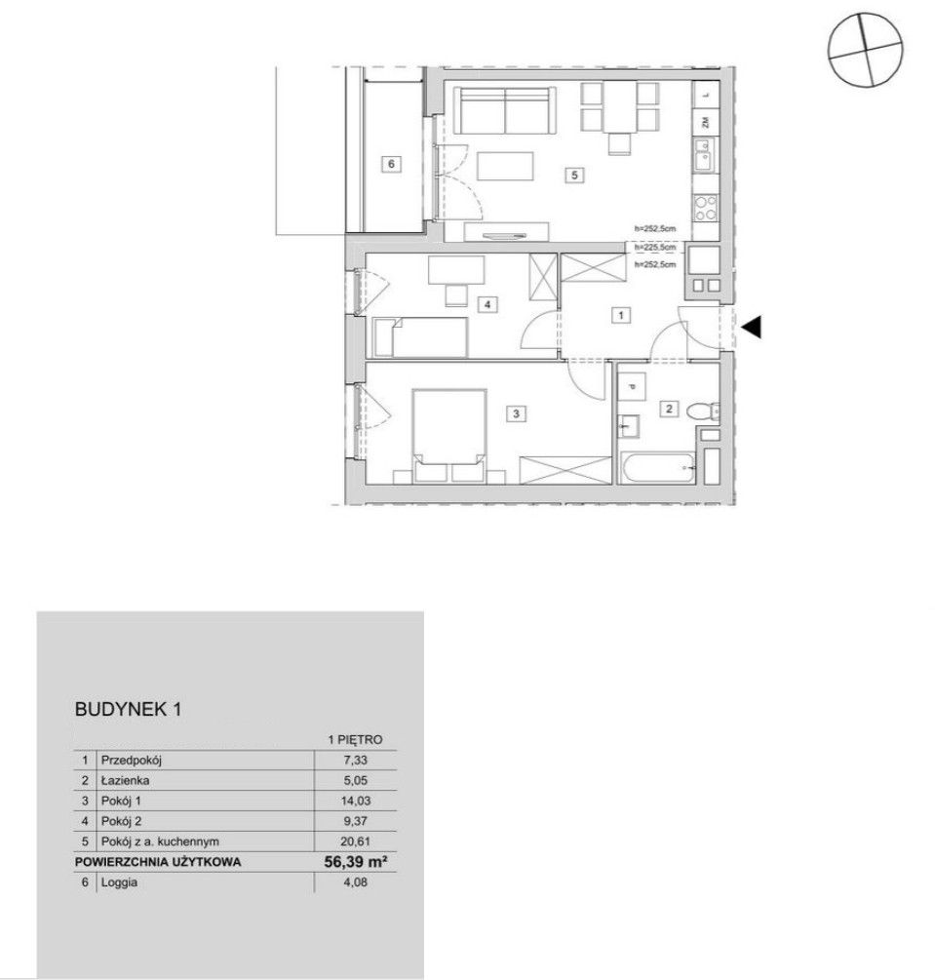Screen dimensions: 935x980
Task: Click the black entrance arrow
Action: click(752, 327)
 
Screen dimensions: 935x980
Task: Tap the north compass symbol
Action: click(865, 48)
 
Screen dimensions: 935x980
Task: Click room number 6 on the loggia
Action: click(391, 164)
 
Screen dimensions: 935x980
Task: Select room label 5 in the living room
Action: click(574, 175)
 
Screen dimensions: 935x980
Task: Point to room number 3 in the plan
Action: click(516, 413)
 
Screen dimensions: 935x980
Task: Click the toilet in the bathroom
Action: click(703, 411)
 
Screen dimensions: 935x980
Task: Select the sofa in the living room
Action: click(505, 110)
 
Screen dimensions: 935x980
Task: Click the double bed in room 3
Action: click(449, 427)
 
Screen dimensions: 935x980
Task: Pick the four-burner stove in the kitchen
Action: click(706, 207)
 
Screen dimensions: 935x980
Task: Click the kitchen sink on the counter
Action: click(703, 155)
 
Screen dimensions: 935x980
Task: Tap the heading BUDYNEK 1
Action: click(128, 709)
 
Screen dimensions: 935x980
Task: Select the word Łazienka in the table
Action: click(125, 780)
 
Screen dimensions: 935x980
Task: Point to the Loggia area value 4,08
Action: click(356, 882)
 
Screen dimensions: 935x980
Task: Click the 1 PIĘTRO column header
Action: click(355, 739)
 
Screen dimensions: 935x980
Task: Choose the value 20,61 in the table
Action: click(356, 842)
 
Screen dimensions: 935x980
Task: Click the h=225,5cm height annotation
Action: click(655, 248)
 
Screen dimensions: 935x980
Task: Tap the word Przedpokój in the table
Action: click(132, 760)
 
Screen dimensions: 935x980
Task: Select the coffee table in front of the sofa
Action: click(506, 167)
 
